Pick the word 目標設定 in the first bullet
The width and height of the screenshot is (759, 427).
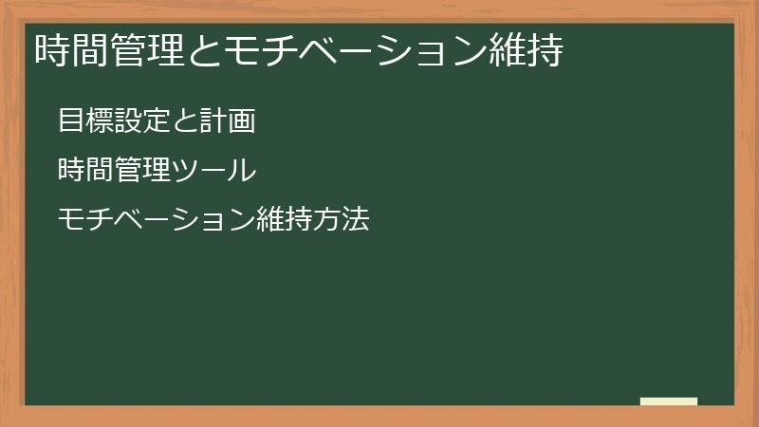pyautogui.click(x=113, y=121)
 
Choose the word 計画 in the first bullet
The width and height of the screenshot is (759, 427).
pyautogui.click(x=227, y=121)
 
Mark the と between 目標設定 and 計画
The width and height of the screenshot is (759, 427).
pyautogui.click(x=184, y=121)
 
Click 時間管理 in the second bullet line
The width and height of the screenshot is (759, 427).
pyautogui.click(x=113, y=171)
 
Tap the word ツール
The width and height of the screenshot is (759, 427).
pyautogui.click(x=213, y=171)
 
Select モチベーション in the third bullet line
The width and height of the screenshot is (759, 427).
pyautogui.click(x=156, y=221)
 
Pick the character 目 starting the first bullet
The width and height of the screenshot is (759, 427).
pyautogui.click(x=71, y=121)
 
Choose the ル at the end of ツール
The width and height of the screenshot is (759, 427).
pyautogui.click(x=243, y=171)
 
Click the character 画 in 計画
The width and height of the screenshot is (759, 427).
pyautogui.click(x=241, y=121)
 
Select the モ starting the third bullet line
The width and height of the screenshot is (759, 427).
pyautogui.click(x=71, y=221)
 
